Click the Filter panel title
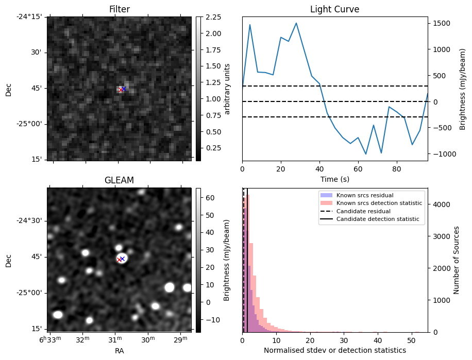pyautogui.click(x=119, y=9)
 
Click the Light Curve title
pyautogui.click(x=334, y=9)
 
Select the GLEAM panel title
pyautogui.click(x=119, y=180)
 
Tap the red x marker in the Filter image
pyautogui.click(x=121, y=90)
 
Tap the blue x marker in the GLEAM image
pyautogui.click(x=123, y=259)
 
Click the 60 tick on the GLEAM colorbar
pyautogui.click(x=210, y=198)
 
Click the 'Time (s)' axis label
pyautogui.click(x=334, y=179)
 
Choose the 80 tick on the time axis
pyautogui.click(x=396, y=168)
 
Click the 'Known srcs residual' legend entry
pyautogui.click(x=365, y=196)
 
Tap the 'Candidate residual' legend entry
pyautogui.click(x=363, y=211)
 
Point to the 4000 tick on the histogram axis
pyautogui.click(x=440, y=204)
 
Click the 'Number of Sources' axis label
pyautogui.click(x=457, y=260)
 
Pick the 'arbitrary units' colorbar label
pyautogui.click(x=227, y=89)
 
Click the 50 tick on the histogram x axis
pyautogui.click(x=411, y=340)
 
